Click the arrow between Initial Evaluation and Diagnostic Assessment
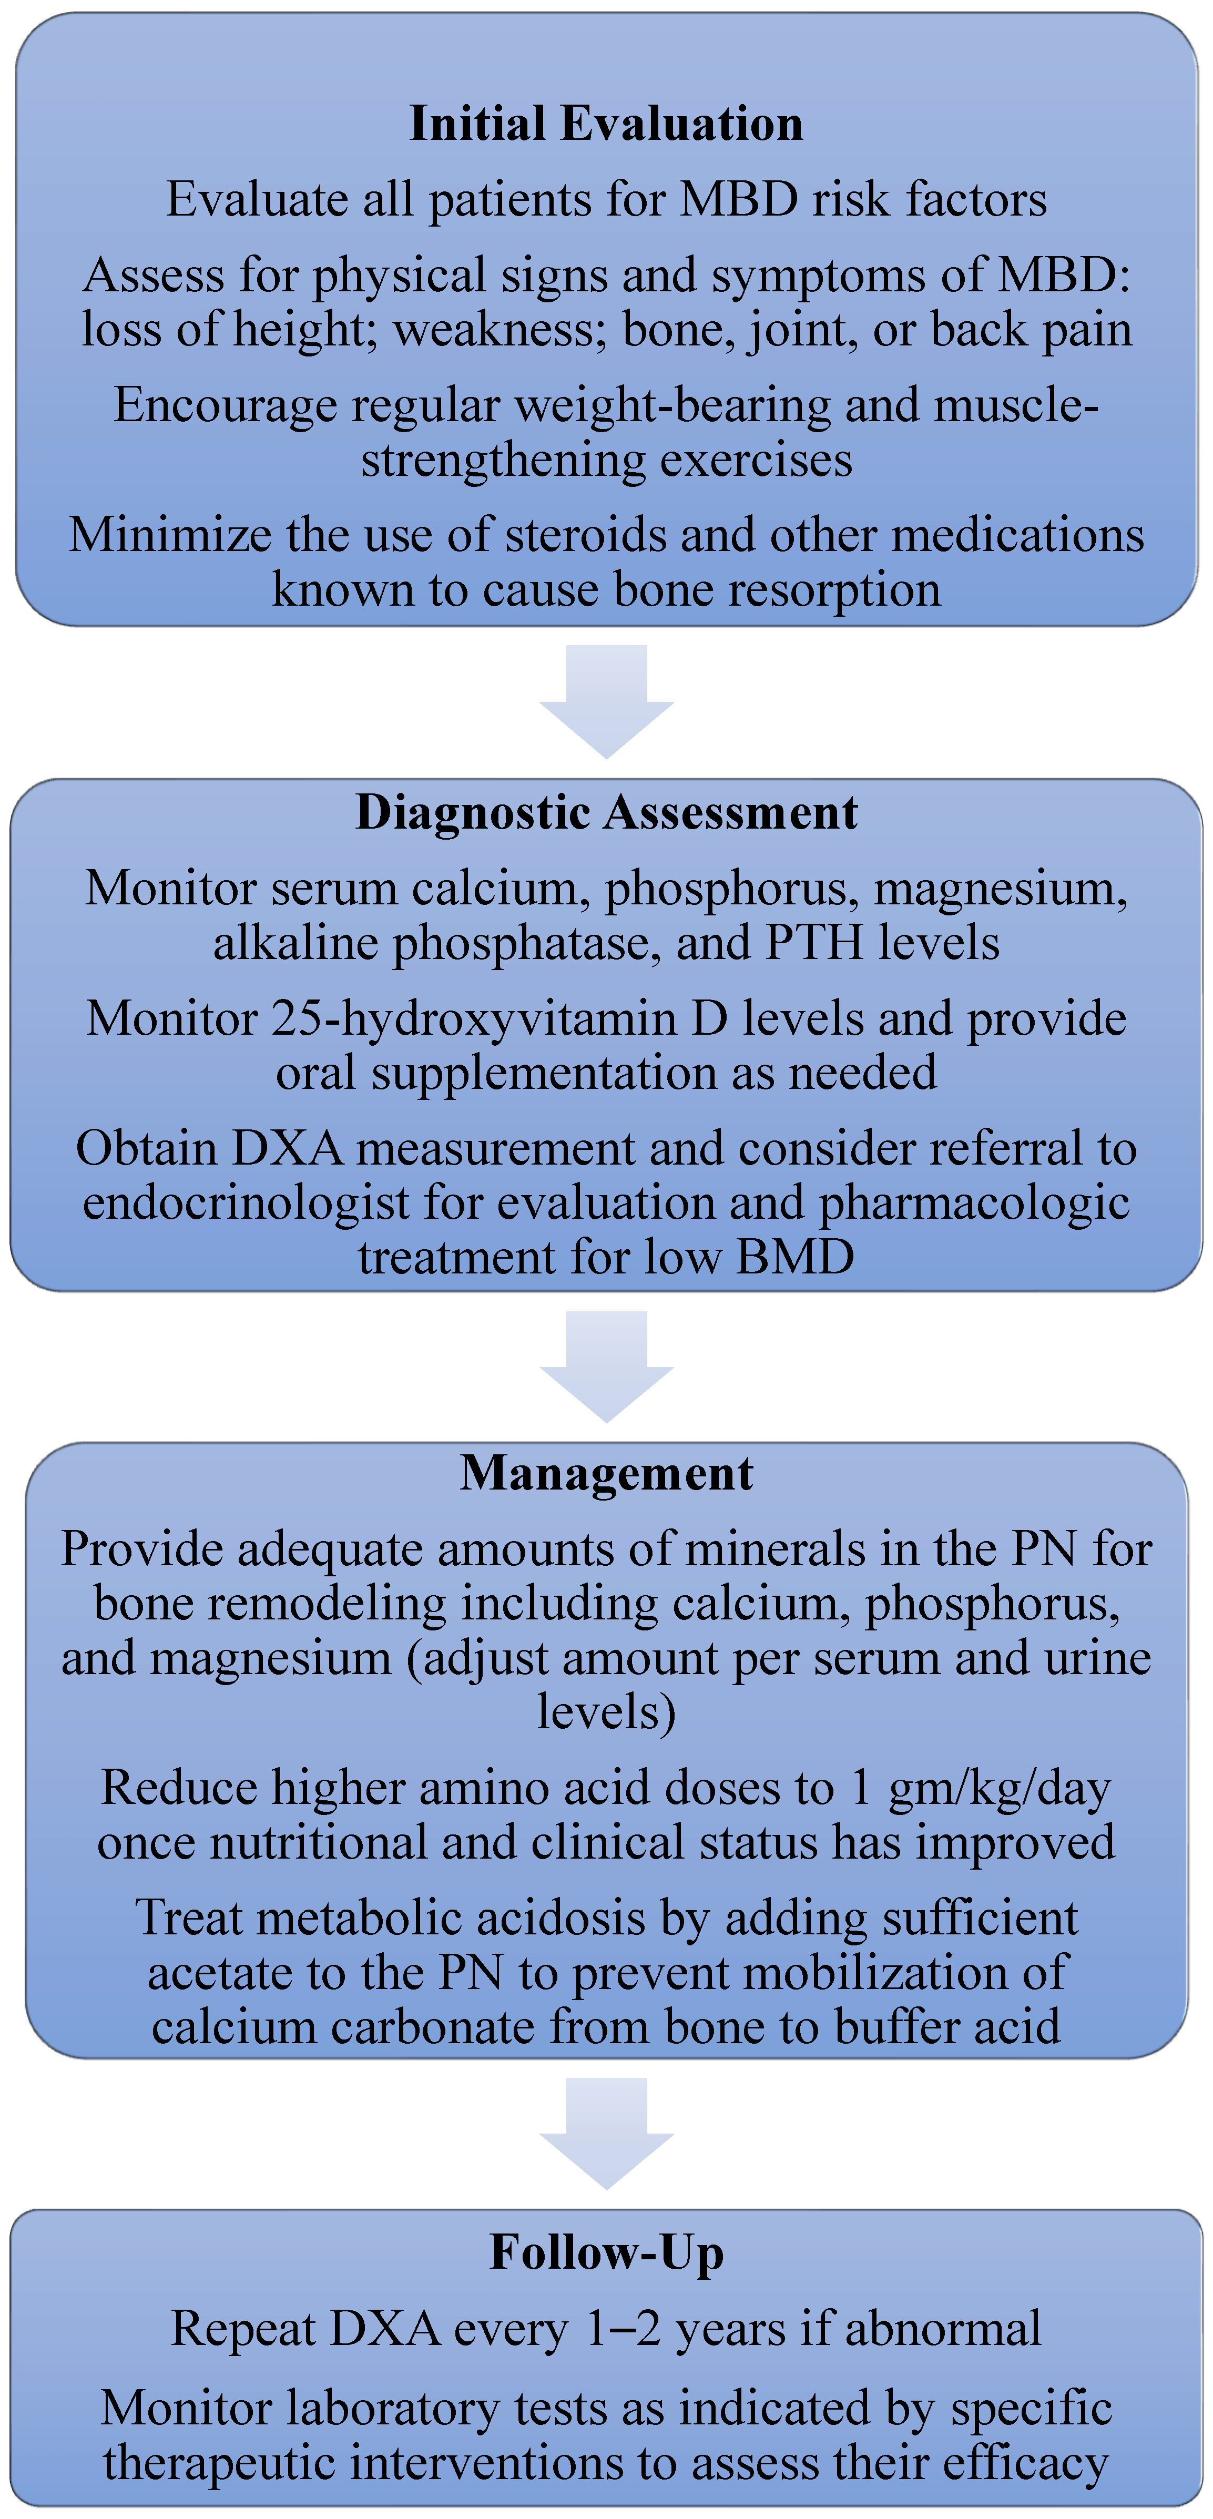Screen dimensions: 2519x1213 tap(607, 699)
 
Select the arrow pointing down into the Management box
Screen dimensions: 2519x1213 tap(607, 1365)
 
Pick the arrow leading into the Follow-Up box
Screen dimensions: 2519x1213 tap(607, 2132)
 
